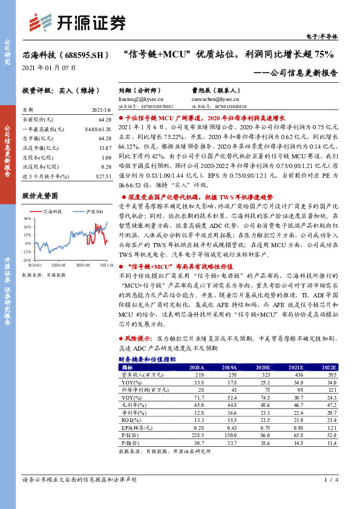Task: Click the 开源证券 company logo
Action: [77, 22]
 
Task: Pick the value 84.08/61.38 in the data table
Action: [99, 129]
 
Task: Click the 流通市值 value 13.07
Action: [105, 148]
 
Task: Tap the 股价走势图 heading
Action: [40, 196]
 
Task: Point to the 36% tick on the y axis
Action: [27, 218]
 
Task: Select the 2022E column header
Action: [328, 367]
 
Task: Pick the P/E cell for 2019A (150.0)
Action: [228, 435]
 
